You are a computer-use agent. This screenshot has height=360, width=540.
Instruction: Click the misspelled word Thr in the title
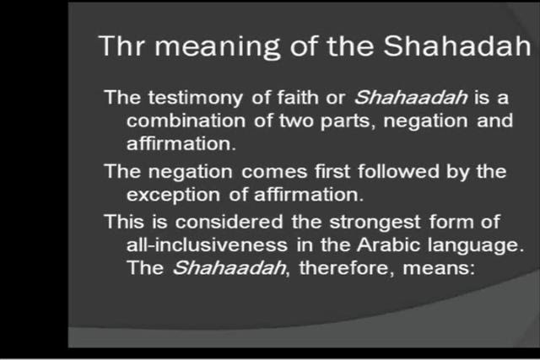(x=121, y=46)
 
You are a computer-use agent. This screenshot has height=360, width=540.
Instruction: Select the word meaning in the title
(x=218, y=48)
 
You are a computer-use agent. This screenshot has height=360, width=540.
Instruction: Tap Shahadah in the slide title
(x=457, y=46)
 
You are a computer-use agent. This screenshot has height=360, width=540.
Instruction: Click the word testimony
(x=196, y=98)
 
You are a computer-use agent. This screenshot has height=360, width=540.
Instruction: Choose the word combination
(x=186, y=121)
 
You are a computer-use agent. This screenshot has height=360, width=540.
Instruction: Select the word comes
(x=274, y=172)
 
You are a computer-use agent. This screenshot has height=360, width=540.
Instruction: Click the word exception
(x=173, y=196)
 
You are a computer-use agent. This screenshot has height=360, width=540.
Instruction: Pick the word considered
(x=229, y=222)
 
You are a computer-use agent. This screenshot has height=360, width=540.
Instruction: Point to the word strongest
(x=375, y=223)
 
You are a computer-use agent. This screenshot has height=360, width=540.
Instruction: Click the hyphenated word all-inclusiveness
(x=207, y=244)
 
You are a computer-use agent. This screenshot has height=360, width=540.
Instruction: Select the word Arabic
(x=388, y=244)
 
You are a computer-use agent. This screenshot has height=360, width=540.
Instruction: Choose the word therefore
(x=343, y=268)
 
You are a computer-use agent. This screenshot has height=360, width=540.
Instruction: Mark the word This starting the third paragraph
(x=124, y=221)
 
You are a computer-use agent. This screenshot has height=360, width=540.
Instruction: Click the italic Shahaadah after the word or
(x=411, y=97)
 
